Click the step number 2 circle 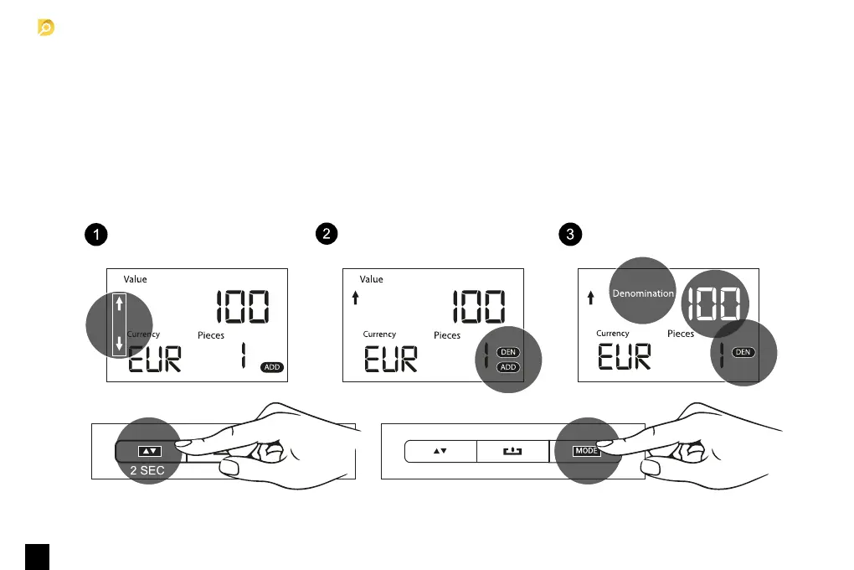click(x=329, y=235)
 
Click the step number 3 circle click(x=570, y=235)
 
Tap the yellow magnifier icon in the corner click(x=46, y=28)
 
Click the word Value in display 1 click(x=135, y=279)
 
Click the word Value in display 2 click(x=371, y=279)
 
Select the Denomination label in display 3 click(x=642, y=293)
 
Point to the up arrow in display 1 click(x=119, y=303)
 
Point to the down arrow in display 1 click(x=119, y=342)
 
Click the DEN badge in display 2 click(x=507, y=353)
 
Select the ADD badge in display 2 click(x=507, y=367)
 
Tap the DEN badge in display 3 click(x=743, y=352)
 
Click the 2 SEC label click(x=147, y=470)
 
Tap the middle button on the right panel click(x=512, y=451)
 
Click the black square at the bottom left click(x=37, y=557)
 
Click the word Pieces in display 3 click(x=681, y=334)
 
